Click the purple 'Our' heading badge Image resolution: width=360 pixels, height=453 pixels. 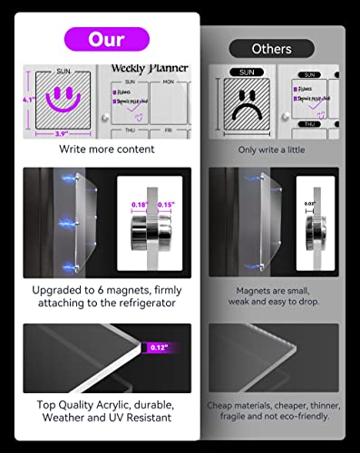[x=105, y=39]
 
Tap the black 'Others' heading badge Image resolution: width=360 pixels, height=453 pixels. [x=271, y=48]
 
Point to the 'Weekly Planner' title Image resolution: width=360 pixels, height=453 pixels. [x=149, y=69]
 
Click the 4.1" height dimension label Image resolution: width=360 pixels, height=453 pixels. [x=29, y=101]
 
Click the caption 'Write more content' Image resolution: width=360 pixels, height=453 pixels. [x=105, y=149]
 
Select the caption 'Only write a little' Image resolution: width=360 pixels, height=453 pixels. [x=271, y=149]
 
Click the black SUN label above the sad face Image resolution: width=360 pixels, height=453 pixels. [x=246, y=72]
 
